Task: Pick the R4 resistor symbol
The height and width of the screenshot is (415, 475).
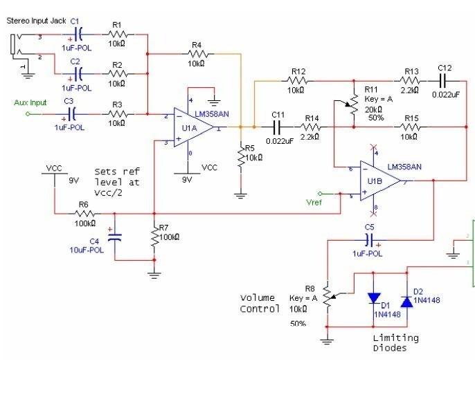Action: click(196, 53)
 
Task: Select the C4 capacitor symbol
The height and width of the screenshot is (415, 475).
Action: click(115, 237)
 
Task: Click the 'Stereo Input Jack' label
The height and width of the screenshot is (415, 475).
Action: click(36, 21)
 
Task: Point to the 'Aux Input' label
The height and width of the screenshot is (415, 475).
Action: click(30, 103)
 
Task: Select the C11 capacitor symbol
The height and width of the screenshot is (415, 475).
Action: click(278, 127)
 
